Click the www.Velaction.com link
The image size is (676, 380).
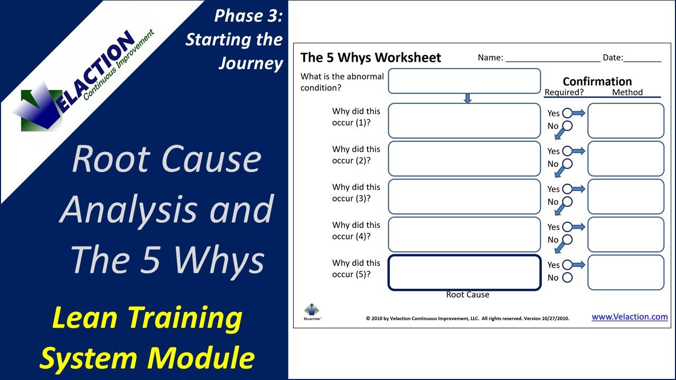(x=630, y=317)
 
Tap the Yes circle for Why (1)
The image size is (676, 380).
(x=567, y=113)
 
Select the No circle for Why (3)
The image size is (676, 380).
(x=567, y=202)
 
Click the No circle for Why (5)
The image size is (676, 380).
(x=567, y=278)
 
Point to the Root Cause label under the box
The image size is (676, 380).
(x=467, y=294)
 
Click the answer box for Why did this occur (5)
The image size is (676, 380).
(x=464, y=272)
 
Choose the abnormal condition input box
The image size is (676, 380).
(x=464, y=81)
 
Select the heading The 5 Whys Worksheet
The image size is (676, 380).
(x=370, y=58)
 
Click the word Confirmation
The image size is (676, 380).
(x=597, y=81)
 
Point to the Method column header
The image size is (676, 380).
(x=627, y=92)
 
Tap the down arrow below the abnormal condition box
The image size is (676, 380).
(x=467, y=98)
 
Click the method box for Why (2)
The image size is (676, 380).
(x=625, y=158)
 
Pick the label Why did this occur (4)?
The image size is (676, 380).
(x=356, y=231)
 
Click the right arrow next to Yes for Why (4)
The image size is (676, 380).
(x=579, y=227)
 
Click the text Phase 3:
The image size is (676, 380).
(x=248, y=16)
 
